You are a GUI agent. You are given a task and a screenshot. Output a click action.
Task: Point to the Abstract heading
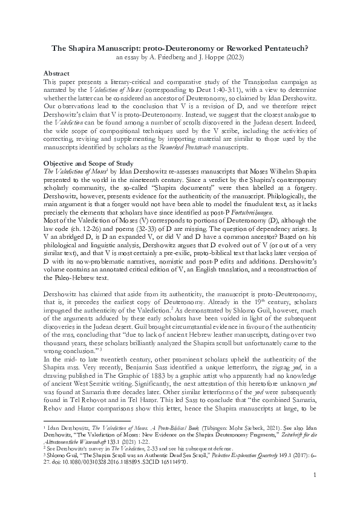58,72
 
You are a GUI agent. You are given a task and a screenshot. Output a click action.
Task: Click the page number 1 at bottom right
315,484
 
